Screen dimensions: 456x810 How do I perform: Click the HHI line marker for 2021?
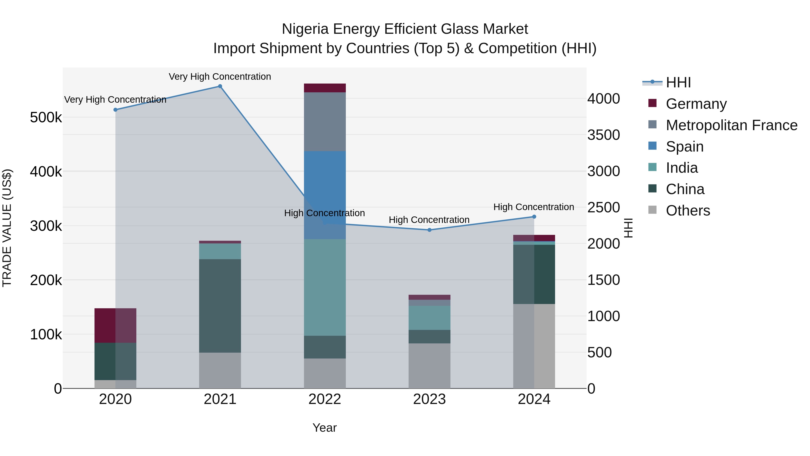pyautogui.click(x=220, y=86)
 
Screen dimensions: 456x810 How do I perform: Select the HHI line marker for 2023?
pyautogui.click(x=430, y=230)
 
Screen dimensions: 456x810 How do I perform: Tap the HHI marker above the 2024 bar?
pyautogui.click(x=534, y=216)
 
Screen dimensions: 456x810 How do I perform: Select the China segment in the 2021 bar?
pyautogui.click(x=220, y=306)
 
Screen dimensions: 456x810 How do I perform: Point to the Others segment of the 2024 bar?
pyautogui.click(x=534, y=346)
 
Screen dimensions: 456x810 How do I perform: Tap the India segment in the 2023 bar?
pyautogui.click(x=430, y=318)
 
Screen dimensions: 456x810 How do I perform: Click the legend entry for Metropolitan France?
pyautogui.click(x=731, y=125)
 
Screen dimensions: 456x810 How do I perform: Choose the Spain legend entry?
pyautogui.click(x=684, y=147)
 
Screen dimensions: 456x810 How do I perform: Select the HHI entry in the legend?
pyautogui.click(x=678, y=82)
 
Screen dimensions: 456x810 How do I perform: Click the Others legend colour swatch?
pyautogui.click(x=652, y=210)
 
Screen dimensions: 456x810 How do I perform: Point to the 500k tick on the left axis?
pyautogui.click(x=46, y=118)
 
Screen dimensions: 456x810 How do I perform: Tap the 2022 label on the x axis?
pyautogui.click(x=325, y=399)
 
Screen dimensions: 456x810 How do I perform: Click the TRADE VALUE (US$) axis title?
pyautogui.click(x=7, y=228)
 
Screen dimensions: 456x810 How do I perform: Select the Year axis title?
pyautogui.click(x=324, y=428)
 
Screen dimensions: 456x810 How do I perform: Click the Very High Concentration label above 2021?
pyautogui.click(x=220, y=77)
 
